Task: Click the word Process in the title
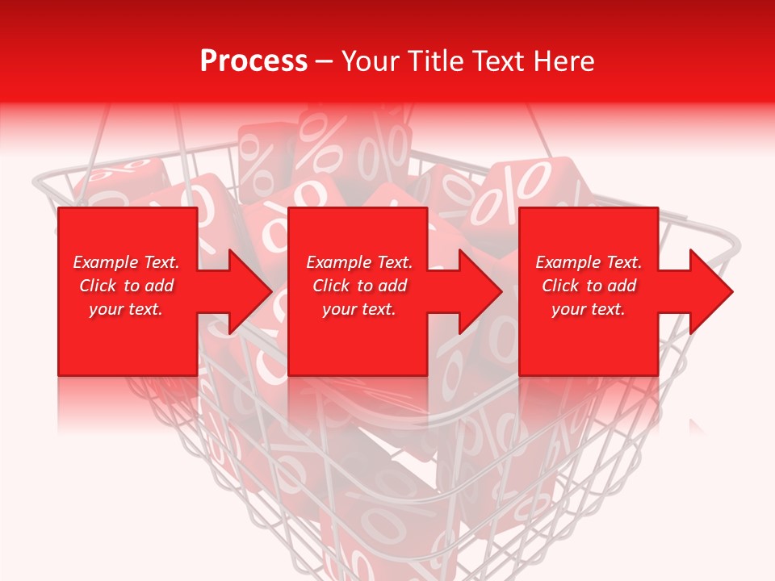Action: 253,61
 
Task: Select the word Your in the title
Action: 371,61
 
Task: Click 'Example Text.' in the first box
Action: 126,262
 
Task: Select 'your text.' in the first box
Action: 126,309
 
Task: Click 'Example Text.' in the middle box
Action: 359,262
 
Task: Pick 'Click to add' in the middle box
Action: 359,286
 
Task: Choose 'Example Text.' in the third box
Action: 589,262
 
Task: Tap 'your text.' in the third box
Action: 589,309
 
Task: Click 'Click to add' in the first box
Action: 126,286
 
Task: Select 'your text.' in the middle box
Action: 359,309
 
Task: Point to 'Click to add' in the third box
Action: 589,286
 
